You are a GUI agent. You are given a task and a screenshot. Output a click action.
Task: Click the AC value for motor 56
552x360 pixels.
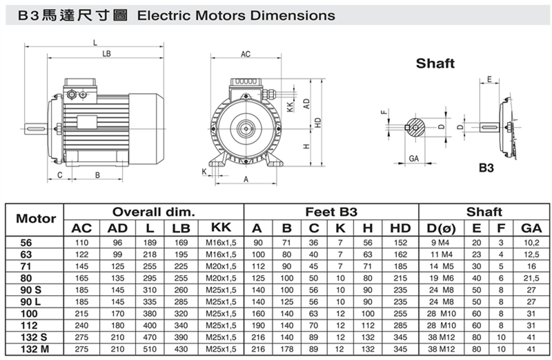(81, 243)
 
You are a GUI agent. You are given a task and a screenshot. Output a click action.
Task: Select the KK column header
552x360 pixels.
(221, 228)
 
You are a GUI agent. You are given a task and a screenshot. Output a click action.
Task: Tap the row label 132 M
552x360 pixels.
(34, 349)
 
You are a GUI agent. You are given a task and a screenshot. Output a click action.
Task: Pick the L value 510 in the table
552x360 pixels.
(150, 349)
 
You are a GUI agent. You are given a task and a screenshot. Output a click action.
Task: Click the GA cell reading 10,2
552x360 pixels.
(531, 243)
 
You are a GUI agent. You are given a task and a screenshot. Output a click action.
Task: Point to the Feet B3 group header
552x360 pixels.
(331, 212)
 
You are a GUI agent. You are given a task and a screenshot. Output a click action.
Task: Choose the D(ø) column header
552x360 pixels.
(441, 228)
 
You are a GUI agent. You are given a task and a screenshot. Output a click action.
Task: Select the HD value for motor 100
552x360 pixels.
(400, 314)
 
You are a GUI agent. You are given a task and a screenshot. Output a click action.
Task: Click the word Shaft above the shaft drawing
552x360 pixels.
(435, 63)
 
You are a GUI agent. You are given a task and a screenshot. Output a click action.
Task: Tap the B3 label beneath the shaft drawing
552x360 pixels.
(486, 168)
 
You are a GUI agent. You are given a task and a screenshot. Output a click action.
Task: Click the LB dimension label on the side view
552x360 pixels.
(106, 54)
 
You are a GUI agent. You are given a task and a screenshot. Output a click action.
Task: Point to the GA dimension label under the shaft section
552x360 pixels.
(413, 159)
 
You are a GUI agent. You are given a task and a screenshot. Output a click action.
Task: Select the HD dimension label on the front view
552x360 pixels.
(318, 123)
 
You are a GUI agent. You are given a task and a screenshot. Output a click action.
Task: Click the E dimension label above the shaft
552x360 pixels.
(489, 79)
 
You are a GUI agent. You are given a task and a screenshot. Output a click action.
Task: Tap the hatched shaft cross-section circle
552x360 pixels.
(416, 127)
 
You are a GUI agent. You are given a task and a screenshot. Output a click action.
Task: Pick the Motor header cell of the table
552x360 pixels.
(36, 219)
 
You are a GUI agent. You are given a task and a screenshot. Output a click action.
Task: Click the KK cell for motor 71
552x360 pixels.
(221, 266)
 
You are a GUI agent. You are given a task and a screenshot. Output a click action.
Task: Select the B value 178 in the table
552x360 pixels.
(286, 349)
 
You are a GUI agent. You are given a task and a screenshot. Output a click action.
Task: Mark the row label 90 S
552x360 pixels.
(30, 290)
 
